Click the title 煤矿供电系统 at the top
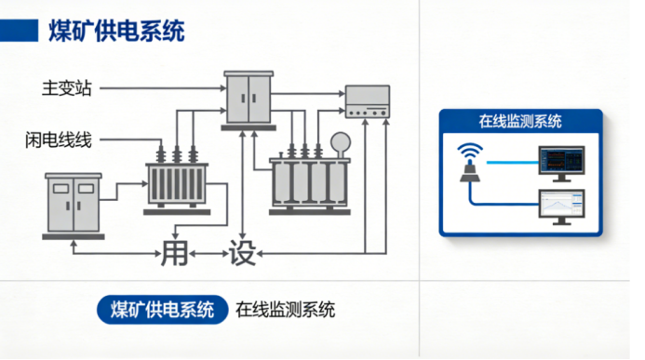[x=117, y=31]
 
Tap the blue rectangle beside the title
[x=19, y=31]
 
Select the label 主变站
[x=67, y=88]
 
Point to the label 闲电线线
[x=59, y=140]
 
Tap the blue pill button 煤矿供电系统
[x=163, y=310]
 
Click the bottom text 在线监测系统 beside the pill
[x=285, y=310]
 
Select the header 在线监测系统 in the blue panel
[x=520, y=121]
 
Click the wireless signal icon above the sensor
[x=470, y=152]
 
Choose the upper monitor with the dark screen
[x=561, y=163]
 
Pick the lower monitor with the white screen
[x=561, y=207]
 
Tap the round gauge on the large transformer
[x=341, y=142]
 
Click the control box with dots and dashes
[x=368, y=101]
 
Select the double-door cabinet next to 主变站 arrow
[x=249, y=99]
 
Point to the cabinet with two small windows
[x=74, y=204]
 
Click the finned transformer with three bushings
[x=177, y=180]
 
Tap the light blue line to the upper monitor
[x=513, y=163]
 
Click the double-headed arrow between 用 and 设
[x=208, y=254]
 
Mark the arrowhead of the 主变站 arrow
[x=223, y=88]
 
